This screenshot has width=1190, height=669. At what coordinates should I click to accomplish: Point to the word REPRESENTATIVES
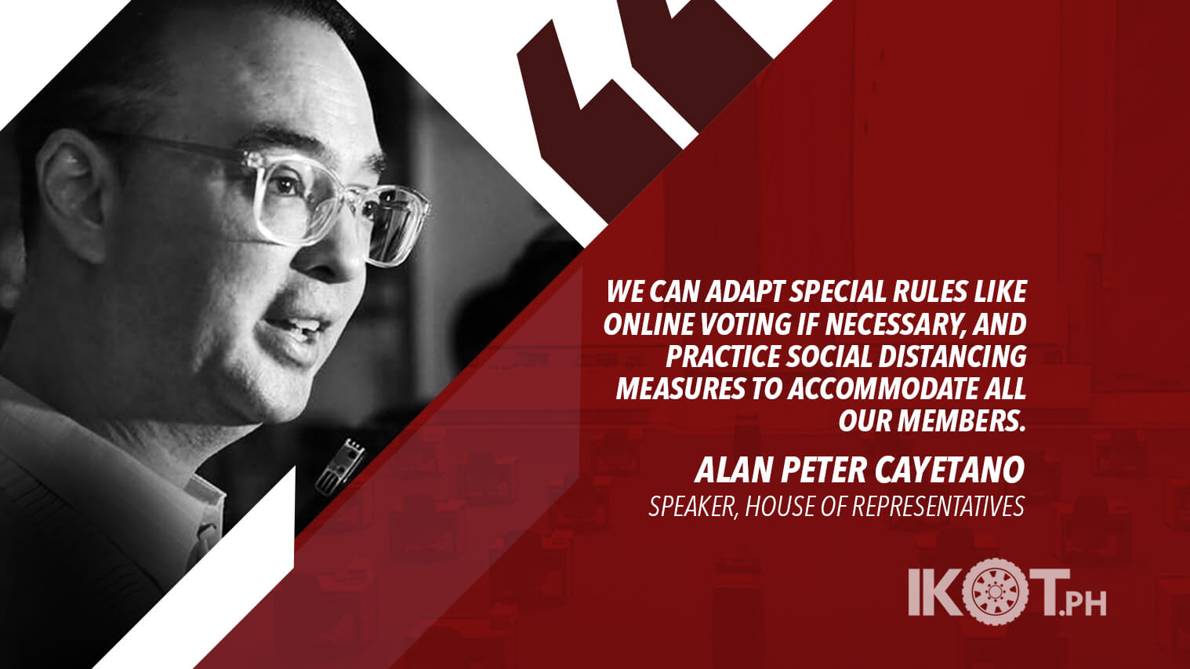point(938,507)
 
